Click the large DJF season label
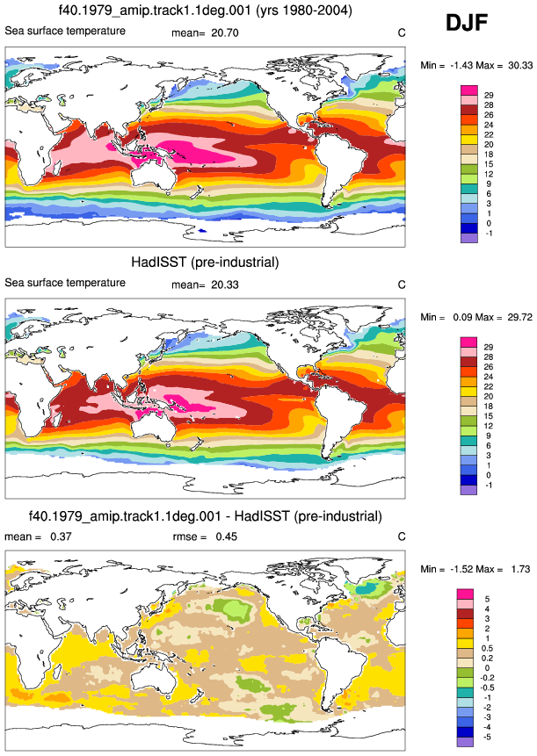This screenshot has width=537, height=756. (467, 23)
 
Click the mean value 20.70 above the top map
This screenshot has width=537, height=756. (225, 32)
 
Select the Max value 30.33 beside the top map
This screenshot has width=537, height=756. (520, 65)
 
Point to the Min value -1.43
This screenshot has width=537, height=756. (461, 65)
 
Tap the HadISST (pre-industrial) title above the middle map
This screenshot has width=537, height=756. (205, 263)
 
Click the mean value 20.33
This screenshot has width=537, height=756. (225, 284)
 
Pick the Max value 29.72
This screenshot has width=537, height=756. (520, 317)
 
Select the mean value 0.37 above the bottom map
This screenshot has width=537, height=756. (61, 536)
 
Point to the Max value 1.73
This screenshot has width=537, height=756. (520, 569)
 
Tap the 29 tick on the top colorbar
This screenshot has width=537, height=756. (489, 96)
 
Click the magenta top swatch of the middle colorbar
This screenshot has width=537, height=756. (469, 342)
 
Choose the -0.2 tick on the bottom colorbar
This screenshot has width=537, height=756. (490, 678)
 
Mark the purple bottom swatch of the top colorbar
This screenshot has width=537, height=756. (469, 238)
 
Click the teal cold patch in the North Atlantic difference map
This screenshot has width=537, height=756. (368, 588)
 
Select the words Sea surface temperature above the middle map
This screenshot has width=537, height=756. (65, 283)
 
